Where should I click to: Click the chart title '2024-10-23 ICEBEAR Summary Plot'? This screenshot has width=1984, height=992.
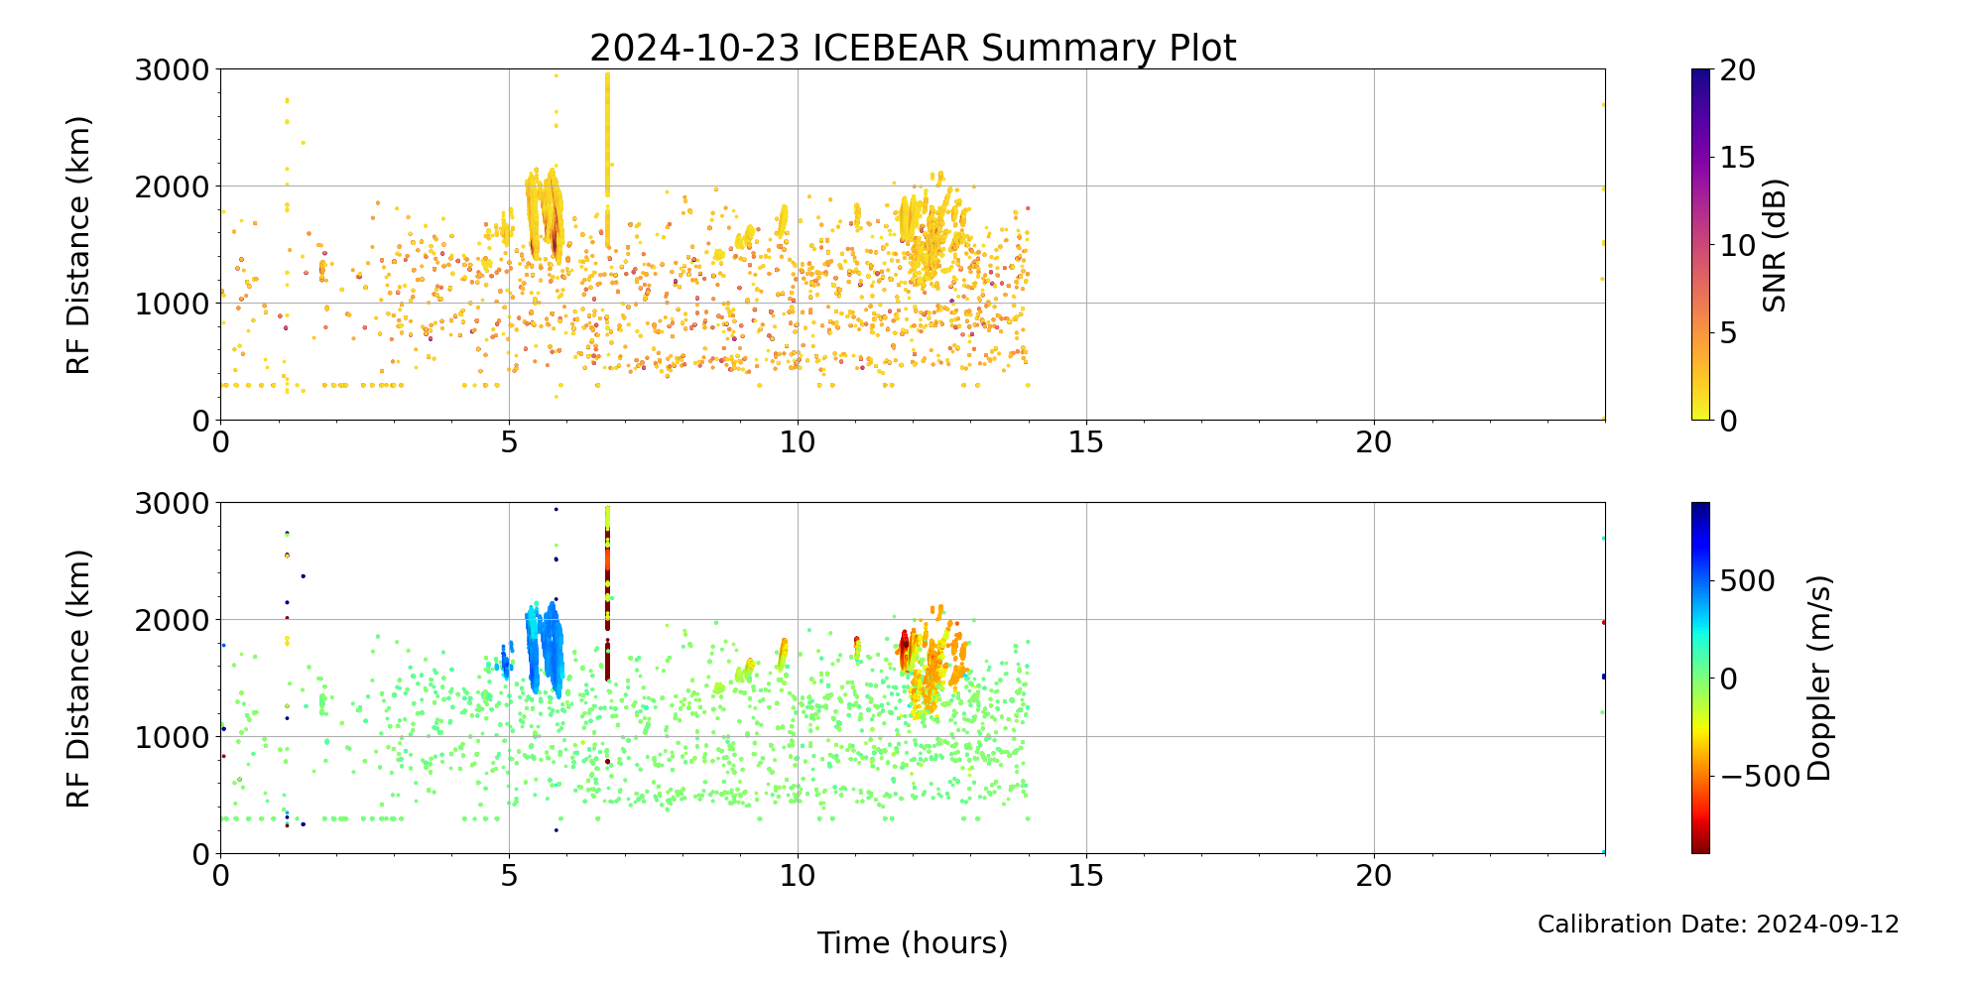(913, 48)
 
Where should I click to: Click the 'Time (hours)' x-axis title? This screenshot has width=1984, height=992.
(913, 942)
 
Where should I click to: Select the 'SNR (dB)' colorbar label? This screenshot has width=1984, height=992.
(1775, 245)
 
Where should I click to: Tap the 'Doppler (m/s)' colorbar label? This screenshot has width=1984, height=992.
(1818, 678)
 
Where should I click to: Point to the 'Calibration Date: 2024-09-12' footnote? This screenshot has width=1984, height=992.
(1718, 925)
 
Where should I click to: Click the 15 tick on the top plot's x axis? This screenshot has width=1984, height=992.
(1086, 441)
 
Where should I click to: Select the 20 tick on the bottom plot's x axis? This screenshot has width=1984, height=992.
(1374, 875)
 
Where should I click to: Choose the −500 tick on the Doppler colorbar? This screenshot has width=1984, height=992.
(1760, 776)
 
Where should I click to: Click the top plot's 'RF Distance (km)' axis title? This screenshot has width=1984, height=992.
(78, 245)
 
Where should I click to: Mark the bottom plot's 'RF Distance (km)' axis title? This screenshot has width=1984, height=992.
(78, 679)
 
